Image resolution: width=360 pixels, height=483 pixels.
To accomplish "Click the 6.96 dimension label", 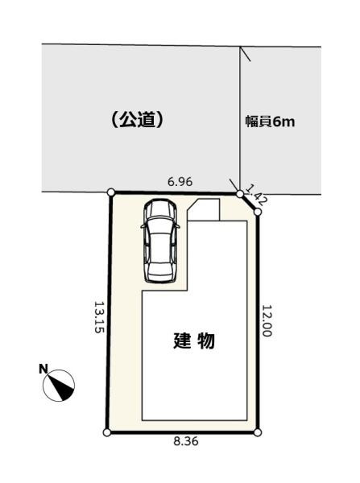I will pyautogui.click(x=180, y=183).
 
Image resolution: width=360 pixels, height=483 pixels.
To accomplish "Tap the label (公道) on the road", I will pyautogui.click(x=138, y=120).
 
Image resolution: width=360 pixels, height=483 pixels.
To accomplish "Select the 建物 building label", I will pyautogui.click(x=194, y=341).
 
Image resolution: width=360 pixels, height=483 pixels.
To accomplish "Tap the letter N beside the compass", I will pyautogui.click(x=43, y=369).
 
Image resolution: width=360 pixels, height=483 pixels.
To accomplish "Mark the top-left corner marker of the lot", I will pyautogui.click(x=111, y=193).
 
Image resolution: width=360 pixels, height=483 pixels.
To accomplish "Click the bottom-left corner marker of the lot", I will pyautogui.click(x=107, y=432).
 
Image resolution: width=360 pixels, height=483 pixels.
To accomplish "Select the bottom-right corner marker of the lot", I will pyautogui.click(x=258, y=432).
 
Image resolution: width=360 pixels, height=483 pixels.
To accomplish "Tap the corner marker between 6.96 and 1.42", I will pyautogui.click(x=241, y=193).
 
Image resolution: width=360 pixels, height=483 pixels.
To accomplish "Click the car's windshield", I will pyautogui.click(x=159, y=229).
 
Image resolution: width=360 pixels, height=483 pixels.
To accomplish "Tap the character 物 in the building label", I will pyautogui.click(x=205, y=341).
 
